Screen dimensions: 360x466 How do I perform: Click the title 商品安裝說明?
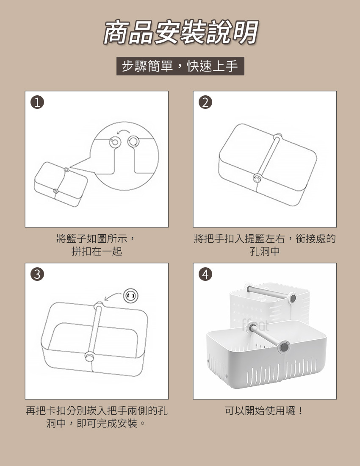[180, 32]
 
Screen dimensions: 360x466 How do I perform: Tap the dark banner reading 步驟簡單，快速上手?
[180, 66]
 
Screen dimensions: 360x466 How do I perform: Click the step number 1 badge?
[37, 103]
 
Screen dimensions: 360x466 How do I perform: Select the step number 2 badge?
[205, 103]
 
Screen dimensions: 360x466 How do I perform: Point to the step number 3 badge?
[37, 275]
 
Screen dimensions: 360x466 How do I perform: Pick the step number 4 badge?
[205, 275]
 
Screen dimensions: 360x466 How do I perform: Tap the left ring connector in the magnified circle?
[115, 142]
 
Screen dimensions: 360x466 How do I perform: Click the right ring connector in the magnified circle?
[133, 141]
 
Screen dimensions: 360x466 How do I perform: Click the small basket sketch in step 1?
[61, 184]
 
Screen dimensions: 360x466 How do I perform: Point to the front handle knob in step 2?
[258, 178]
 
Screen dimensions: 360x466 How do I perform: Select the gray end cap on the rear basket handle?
[293, 298]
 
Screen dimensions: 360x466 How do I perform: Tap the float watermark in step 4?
[255, 325]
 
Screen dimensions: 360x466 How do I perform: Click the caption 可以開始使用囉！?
[264, 411]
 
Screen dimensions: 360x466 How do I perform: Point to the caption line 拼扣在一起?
[97, 251]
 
